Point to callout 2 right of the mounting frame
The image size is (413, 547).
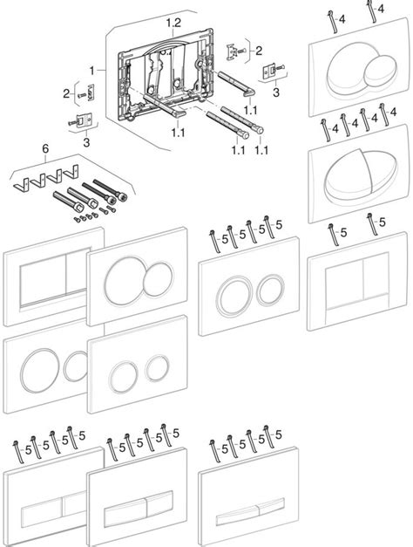coord(257,51)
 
